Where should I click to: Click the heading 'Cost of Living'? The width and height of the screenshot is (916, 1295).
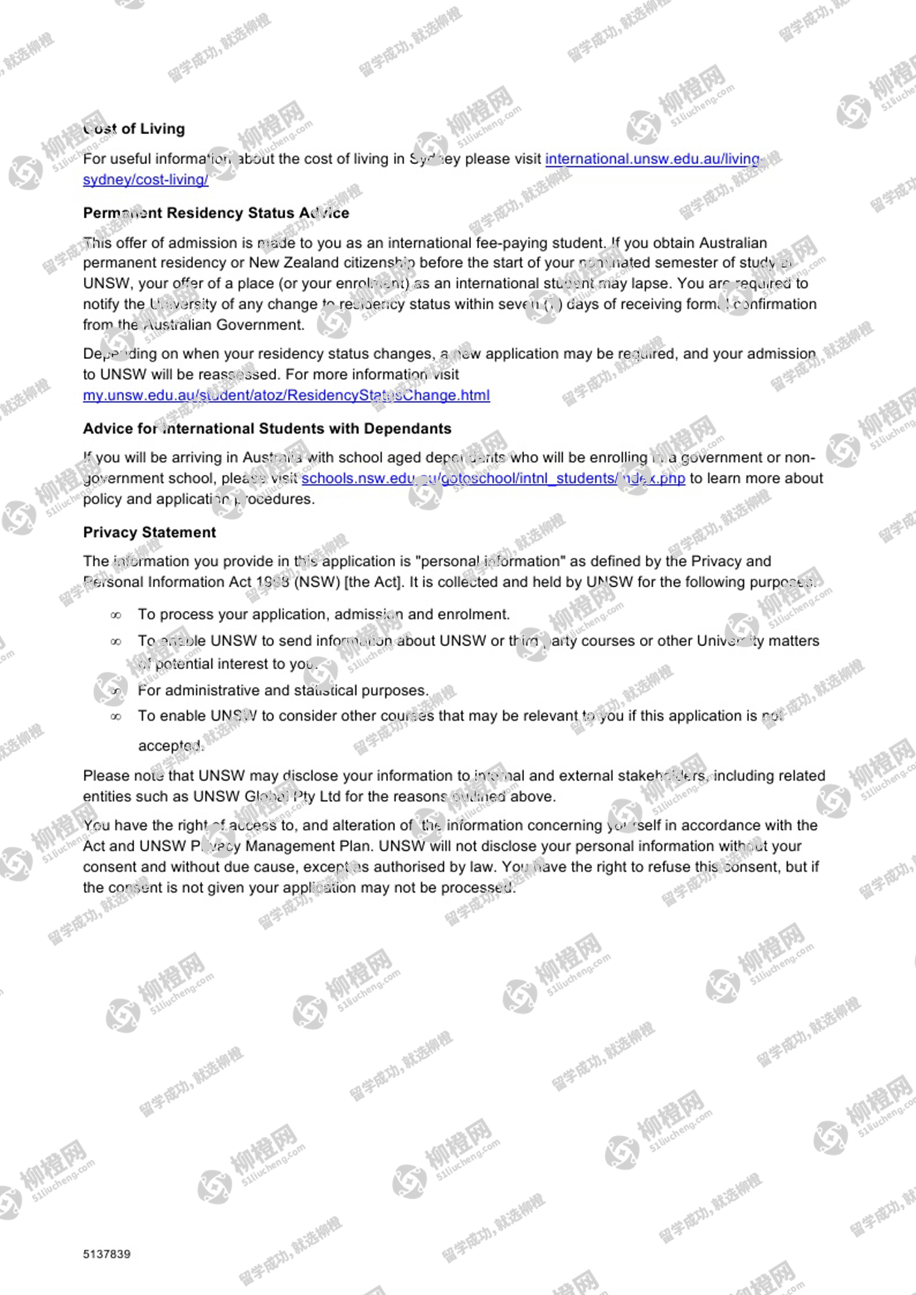click(x=134, y=129)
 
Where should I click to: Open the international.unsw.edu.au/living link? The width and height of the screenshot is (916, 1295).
click(x=652, y=159)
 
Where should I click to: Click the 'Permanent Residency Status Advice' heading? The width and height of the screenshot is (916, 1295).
click(x=216, y=213)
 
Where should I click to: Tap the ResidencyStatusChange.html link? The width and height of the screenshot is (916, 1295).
click(x=286, y=395)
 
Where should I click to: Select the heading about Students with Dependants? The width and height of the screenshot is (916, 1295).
click(x=267, y=428)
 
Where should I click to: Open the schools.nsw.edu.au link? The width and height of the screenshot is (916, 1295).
click(x=493, y=478)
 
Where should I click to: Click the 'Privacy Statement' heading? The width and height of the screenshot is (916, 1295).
click(x=149, y=532)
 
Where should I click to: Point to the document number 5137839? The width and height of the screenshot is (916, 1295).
click(x=107, y=1254)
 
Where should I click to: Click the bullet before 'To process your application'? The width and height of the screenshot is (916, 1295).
click(x=116, y=615)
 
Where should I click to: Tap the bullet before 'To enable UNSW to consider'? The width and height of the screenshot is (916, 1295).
click(x=116, y=717)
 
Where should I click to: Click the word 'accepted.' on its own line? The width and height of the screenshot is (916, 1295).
click(x=171, y=746)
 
